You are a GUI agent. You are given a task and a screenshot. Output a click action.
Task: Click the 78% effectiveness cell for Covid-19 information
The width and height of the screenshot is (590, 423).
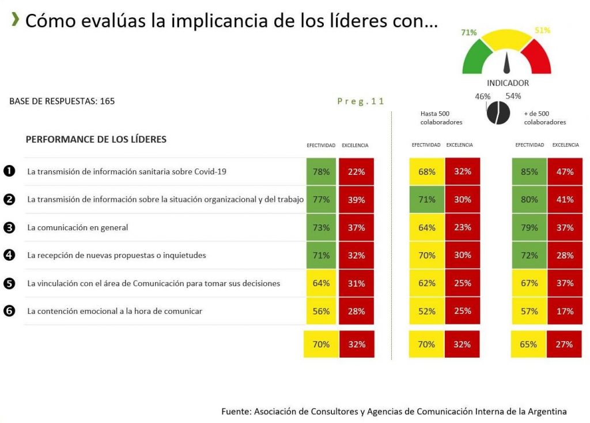(321, 171)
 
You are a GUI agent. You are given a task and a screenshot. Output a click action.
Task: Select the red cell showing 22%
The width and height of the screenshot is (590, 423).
(357, 171)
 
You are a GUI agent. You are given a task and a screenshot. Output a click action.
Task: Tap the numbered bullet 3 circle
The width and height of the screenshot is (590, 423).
(9, 227)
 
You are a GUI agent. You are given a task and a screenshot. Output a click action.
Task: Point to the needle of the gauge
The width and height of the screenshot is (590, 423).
(508, 62)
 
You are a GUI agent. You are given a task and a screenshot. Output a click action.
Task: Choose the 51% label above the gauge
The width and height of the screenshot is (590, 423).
(542, 30)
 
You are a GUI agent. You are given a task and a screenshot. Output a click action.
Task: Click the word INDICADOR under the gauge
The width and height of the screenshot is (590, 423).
(508, 83)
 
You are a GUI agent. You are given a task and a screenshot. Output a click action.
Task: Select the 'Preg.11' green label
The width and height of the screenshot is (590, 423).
(361, 101)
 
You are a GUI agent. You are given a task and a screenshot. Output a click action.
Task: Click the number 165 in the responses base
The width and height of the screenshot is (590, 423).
(107, 101)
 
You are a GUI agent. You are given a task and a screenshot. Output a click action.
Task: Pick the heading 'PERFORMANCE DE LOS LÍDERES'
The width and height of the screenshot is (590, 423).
(96, 140)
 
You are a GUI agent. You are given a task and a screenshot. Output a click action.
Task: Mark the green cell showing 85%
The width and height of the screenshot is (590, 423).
(530, 171)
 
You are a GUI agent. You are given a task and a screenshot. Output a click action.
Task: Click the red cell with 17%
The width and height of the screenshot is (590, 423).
(565, 311)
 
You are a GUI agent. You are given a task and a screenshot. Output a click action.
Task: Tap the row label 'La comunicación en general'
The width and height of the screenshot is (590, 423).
(78, 227)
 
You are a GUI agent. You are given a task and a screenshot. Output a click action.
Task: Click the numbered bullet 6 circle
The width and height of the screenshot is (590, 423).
(9, 311)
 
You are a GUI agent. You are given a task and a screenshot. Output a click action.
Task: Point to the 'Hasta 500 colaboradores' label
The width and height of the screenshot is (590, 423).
(441, 118)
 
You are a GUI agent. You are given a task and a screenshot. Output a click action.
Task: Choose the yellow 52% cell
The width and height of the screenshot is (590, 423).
(426, 311)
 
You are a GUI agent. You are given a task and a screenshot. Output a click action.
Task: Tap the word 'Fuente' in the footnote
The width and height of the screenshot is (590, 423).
(235, 411)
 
